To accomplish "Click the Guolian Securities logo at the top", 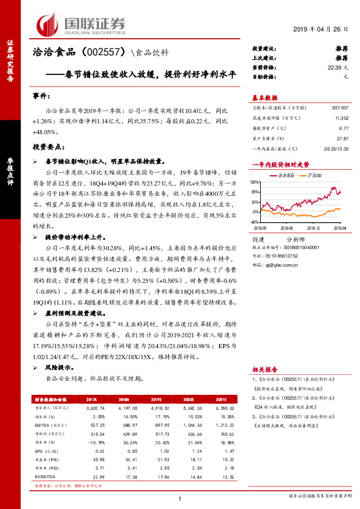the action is coord(81,25).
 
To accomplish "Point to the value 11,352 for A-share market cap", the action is coord(341,119).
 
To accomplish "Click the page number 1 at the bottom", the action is coord(180,498).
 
